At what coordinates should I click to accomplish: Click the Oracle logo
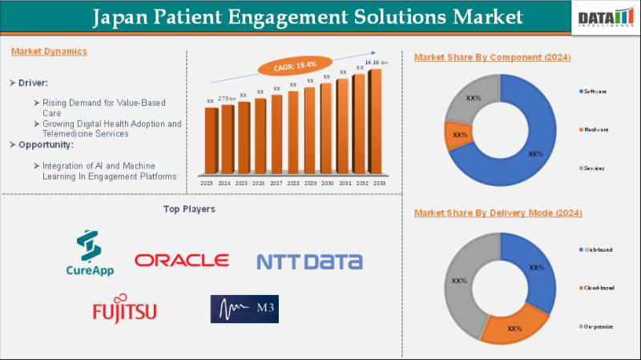click(x=182, y=261)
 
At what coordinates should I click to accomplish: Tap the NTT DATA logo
click(x=309, y=261)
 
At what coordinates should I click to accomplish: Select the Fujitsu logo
click(x=124, y=309)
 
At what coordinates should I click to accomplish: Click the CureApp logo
click(x=90, y=254)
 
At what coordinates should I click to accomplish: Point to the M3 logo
click(x=244, y=309)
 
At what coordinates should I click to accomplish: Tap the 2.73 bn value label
click(x=227, y=98)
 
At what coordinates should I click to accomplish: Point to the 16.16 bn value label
click(x=377, y=62)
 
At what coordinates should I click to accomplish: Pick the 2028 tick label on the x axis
click(x=292, y=184)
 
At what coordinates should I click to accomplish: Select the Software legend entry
click(x=595, y=91)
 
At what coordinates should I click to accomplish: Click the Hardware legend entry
click(x=595, y=129)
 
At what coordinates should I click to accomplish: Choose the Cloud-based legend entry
click(x=597, y=288)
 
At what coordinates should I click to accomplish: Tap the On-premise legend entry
click(x=597, y=326)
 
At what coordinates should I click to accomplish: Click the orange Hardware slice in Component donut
click(x=459, y=136)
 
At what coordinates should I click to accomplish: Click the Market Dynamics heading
click(x=49, y=51)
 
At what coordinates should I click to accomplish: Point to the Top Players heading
click(x=189, y=209)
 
